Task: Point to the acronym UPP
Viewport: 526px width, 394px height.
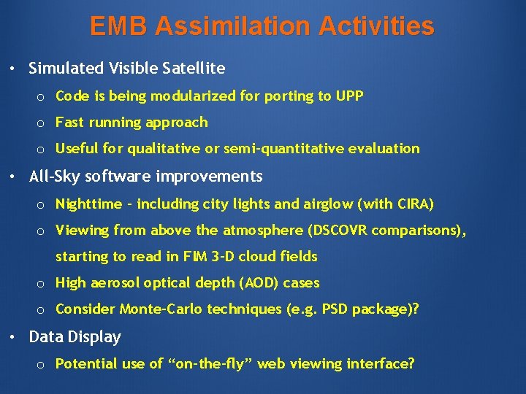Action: tap(349, 96)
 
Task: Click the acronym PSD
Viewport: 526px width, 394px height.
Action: tap(333, 309)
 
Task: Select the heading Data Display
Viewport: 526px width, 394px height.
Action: tap(75, 337)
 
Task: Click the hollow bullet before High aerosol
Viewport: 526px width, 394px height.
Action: tap(42, 284)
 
